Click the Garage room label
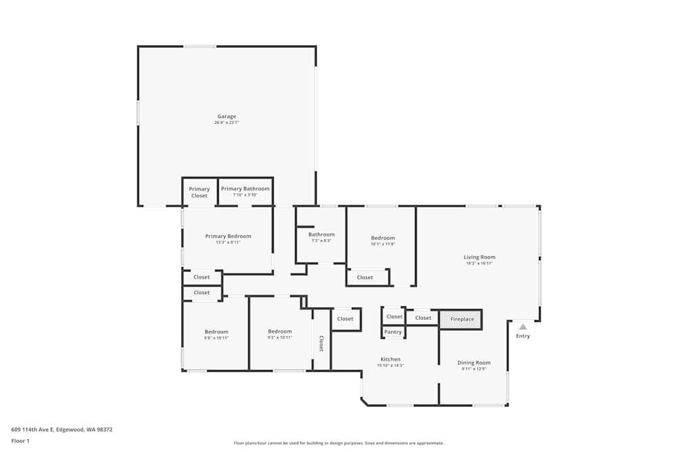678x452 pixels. [226, 117]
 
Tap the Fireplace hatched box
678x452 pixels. [461, 319]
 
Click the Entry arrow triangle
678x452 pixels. [523, 327]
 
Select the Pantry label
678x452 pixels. [393, 332]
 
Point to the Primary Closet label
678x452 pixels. [199, 192]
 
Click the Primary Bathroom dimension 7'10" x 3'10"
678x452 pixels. [245, 195]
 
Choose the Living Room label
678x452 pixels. [479, 257]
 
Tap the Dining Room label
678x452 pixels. [473, 363]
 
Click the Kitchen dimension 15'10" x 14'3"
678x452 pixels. [390, 365]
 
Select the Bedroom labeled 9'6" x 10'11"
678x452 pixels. [216, 331]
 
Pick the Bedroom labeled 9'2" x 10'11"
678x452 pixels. [279, 331]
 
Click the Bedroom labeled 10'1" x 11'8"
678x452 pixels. [382, 238]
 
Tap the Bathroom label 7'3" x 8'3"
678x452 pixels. [321, 234]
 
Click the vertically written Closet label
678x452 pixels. [321, 344]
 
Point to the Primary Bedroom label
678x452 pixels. [228, 237]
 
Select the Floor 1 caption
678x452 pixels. [21, 440]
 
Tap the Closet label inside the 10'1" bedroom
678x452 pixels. [365, 277]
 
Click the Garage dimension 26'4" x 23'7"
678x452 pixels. [226, 123]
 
